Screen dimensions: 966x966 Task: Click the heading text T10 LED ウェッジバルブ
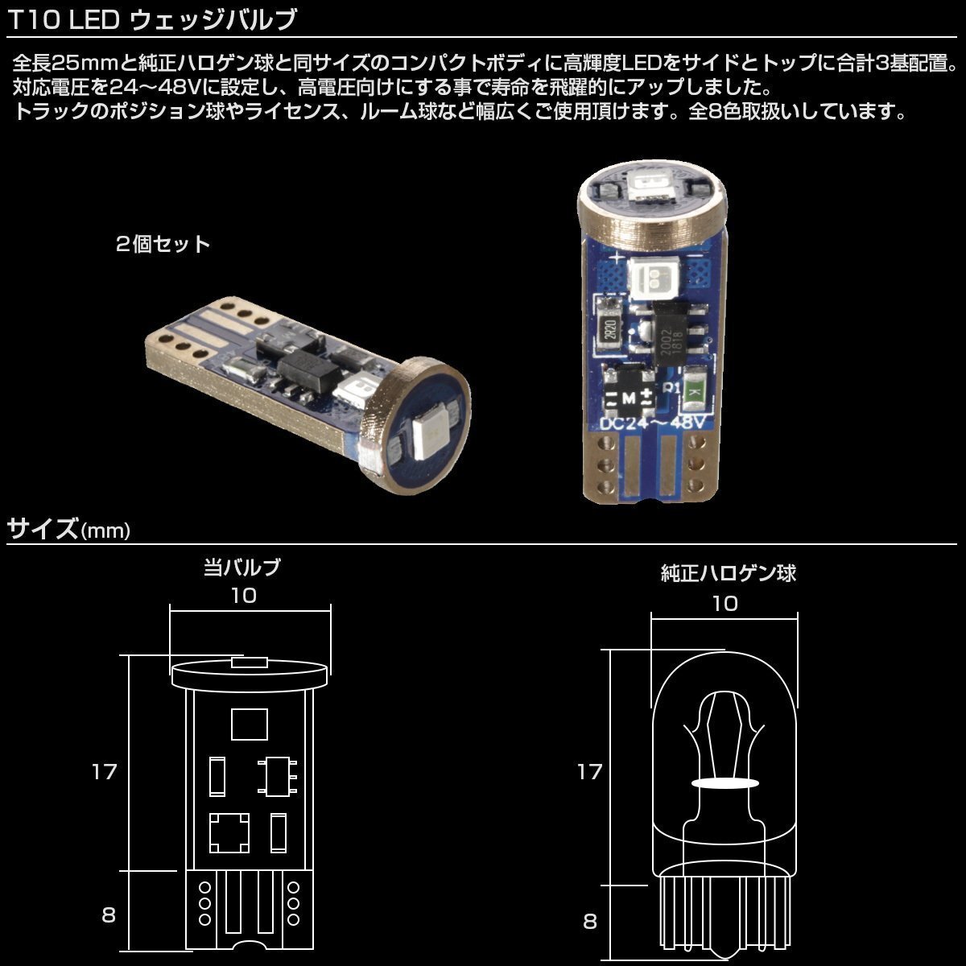click(153, 19)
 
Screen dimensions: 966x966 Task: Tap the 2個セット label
click(163, 244)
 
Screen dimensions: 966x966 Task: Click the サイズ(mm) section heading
click(68, 529)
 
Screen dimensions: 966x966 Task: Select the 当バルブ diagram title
click(242, 568)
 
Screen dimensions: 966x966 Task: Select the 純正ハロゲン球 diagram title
click(728, 573)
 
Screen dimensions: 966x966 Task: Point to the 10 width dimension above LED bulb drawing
click(243, 596)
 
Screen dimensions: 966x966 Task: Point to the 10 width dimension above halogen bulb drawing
click(725, 603)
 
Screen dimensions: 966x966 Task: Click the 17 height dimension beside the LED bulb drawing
click(104, 772)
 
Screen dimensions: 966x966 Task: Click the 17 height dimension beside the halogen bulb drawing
click(589, 772)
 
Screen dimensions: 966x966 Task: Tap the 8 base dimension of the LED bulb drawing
click(109, 915)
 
